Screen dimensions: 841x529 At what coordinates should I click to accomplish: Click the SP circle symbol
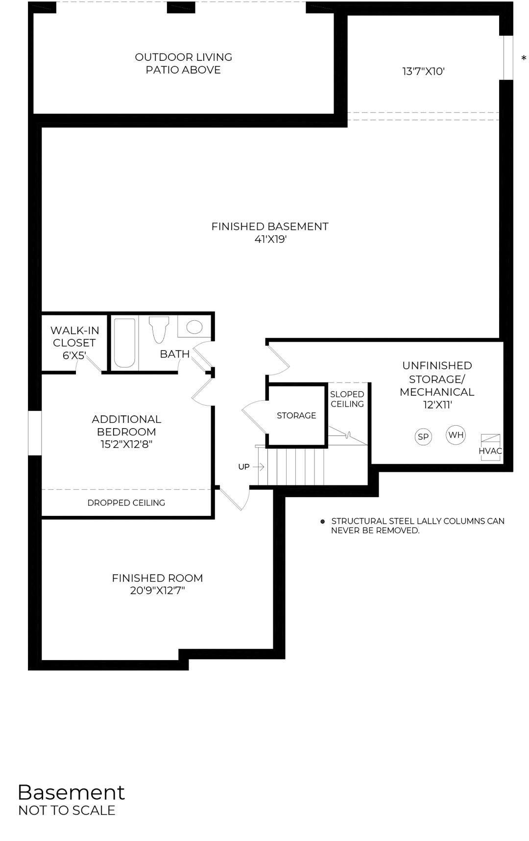point(423,436)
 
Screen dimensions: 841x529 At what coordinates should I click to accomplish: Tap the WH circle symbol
point(456,435)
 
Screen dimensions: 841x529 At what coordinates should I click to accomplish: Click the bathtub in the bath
point(124,343)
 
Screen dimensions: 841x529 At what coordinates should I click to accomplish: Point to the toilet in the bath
point(159,329)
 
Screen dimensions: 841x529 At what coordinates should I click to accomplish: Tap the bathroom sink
point(194,327)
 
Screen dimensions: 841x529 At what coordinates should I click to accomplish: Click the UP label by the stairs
point(244,467)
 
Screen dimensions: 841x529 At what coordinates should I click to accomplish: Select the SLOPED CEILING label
point(347,399)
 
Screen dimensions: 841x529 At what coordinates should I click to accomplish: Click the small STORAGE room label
point(296,415)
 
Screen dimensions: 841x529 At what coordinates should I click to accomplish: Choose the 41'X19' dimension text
point(270,240)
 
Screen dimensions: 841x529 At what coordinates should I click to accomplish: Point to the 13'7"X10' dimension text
point(423,72)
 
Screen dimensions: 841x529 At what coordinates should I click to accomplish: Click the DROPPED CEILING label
point(126,503)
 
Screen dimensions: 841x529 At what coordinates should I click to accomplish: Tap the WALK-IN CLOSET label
point(74,337)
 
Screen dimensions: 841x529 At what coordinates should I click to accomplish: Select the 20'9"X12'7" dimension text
point(157,591)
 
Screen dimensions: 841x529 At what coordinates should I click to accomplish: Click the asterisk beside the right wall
point(524,59)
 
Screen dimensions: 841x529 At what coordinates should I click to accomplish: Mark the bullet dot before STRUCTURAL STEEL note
point(322,521)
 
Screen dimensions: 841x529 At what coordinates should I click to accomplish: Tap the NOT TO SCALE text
point(67,811)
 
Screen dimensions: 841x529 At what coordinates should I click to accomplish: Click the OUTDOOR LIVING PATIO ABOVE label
point(183,64)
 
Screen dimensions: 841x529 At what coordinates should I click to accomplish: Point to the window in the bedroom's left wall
point(35,433)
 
